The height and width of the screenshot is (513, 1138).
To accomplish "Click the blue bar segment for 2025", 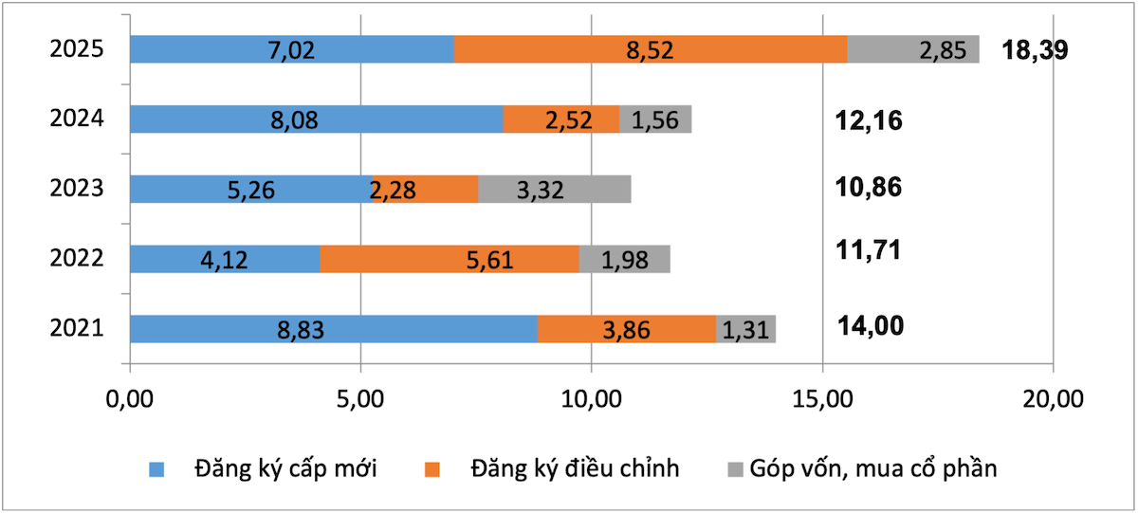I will pyautogui.click(x=291, y=49).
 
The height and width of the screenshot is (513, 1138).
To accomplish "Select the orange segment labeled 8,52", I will pyautogui.click(x=650, y=49).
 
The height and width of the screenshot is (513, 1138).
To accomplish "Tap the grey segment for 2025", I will pyautogui.click(x=912, y=49).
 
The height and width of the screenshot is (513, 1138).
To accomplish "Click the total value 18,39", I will pyautogui.click(x=1036, y=50).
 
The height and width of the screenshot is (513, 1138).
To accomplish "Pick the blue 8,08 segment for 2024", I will pyautogui.click(x=316, y=119).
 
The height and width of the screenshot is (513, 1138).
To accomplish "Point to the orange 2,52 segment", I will pyautogui.click(x=560, y=119).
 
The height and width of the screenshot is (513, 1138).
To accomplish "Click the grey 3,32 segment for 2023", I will pyautogui.click(x=554, y=189).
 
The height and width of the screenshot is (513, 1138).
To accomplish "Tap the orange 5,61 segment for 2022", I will pyautogui.click(x=450, y=259).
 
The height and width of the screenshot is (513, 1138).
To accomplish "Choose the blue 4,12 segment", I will pyautogui.click(x=225, y=259).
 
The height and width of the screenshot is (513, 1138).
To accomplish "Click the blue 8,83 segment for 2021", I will pyautogui.click(x=333, y=329).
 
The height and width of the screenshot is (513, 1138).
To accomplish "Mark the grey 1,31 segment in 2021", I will pyautogui.click(x=745, y=329).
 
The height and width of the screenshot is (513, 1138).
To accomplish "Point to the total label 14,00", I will pyautogui.click(x=871, y=326).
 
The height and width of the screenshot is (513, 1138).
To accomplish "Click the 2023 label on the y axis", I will pyautogui.click(x=76, y=189).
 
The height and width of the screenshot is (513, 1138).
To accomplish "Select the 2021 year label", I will pyautogui.click(x=76, y=329).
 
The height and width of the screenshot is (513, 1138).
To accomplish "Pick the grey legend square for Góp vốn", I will pyautogui.click(x=735, y=468).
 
